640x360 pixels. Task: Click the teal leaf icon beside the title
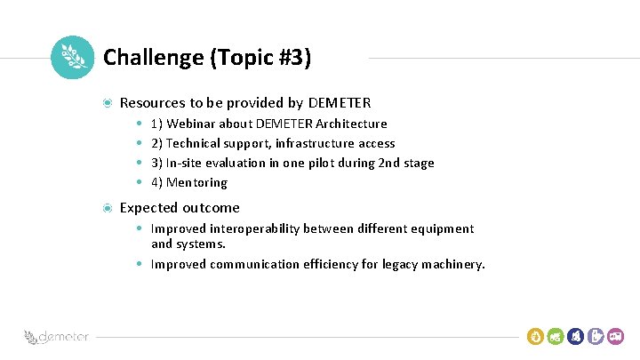(x=72, y=57)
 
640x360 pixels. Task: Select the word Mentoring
(x=197, y=182)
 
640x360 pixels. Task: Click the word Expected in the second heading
(x=148, y=208)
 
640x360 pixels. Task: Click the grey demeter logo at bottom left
(x=57, y=337)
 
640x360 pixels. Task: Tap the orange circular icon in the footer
(x=535, y=336)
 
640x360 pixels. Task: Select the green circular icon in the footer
(x=556, y=336)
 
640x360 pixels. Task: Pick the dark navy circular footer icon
(x=576, y=336)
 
